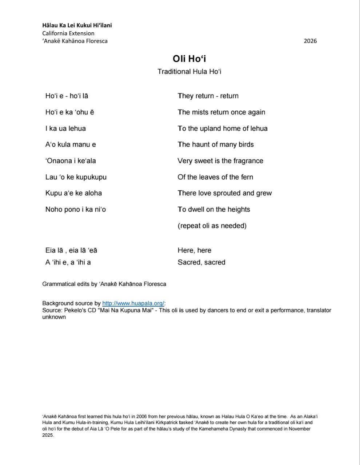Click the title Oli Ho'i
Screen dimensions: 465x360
pyautogui.click(x=189, y=59)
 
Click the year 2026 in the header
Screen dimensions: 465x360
pyautogui.click(x=310, y=41)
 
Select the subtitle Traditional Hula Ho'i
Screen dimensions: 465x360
pyautogui.click(x=189, y=72)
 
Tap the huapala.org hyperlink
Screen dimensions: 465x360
pyautogui.click(x=133, y=303)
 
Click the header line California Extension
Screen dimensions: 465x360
pyautogui.click(x=68, y=33)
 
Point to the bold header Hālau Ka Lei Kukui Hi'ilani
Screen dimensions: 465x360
pyautogui.click(x=77, y=25)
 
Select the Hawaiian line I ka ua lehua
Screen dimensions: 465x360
pyautogui.click(x=65, y=128)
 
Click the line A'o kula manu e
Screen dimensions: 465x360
pyautogui.click(x=71, y=145)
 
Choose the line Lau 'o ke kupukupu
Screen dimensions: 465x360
pyautogui.click(x=76, y=177)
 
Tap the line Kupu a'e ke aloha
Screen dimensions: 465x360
pyautogui.click(x=73, y=193)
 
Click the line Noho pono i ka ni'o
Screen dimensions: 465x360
pyautogui.click(x=76, y=210)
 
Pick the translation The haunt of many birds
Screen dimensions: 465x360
pyautogui.click(x=216, y=145)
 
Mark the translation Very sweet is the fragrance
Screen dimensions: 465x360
pyautogui.click(x=220, y=161)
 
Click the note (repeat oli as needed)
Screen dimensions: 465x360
pyautogui.click(x=212, y=226)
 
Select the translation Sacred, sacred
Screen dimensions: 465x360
pyautogui.click(x=201, y=262)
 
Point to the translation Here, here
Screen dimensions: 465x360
pyautogui.click(x=194, y=250)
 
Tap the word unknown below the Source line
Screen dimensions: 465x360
pyautogui.click(x=54, y=317)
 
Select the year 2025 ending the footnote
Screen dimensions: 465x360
pyautogui.click(x=48, y=435)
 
